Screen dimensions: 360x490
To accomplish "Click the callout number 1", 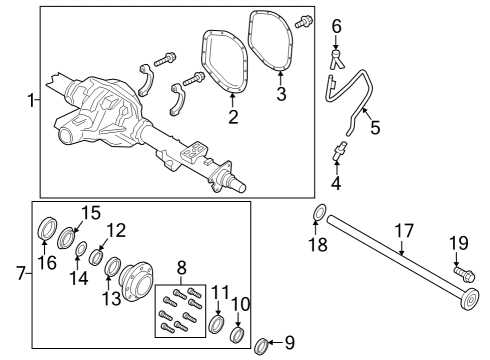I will pyautogui.click(x=30, y=100).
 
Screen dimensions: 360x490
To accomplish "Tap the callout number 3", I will pyautogui.click(x=282, y=94).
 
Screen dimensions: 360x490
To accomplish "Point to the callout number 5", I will pyautogui.click(x=376, y=128).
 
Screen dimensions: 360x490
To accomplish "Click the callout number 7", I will pyautogui.click(x=20, y=273).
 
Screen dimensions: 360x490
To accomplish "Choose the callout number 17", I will pyautogui.click(x=402, y=231).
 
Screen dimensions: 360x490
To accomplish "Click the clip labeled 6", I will pyautogui.click(x=337, y=56).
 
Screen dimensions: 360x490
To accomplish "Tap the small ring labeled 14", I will pyautogui.click(x=80, y=248).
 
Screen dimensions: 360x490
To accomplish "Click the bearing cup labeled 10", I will pyautogui.click(x=238, y=332).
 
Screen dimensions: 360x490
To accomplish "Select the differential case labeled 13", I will pyautogui.click(x=133, y=271).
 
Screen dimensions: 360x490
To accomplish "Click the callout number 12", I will pyautogui.click(x=117, y=230).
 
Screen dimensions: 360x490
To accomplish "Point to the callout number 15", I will pyautogui.click(x=90, y=212).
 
